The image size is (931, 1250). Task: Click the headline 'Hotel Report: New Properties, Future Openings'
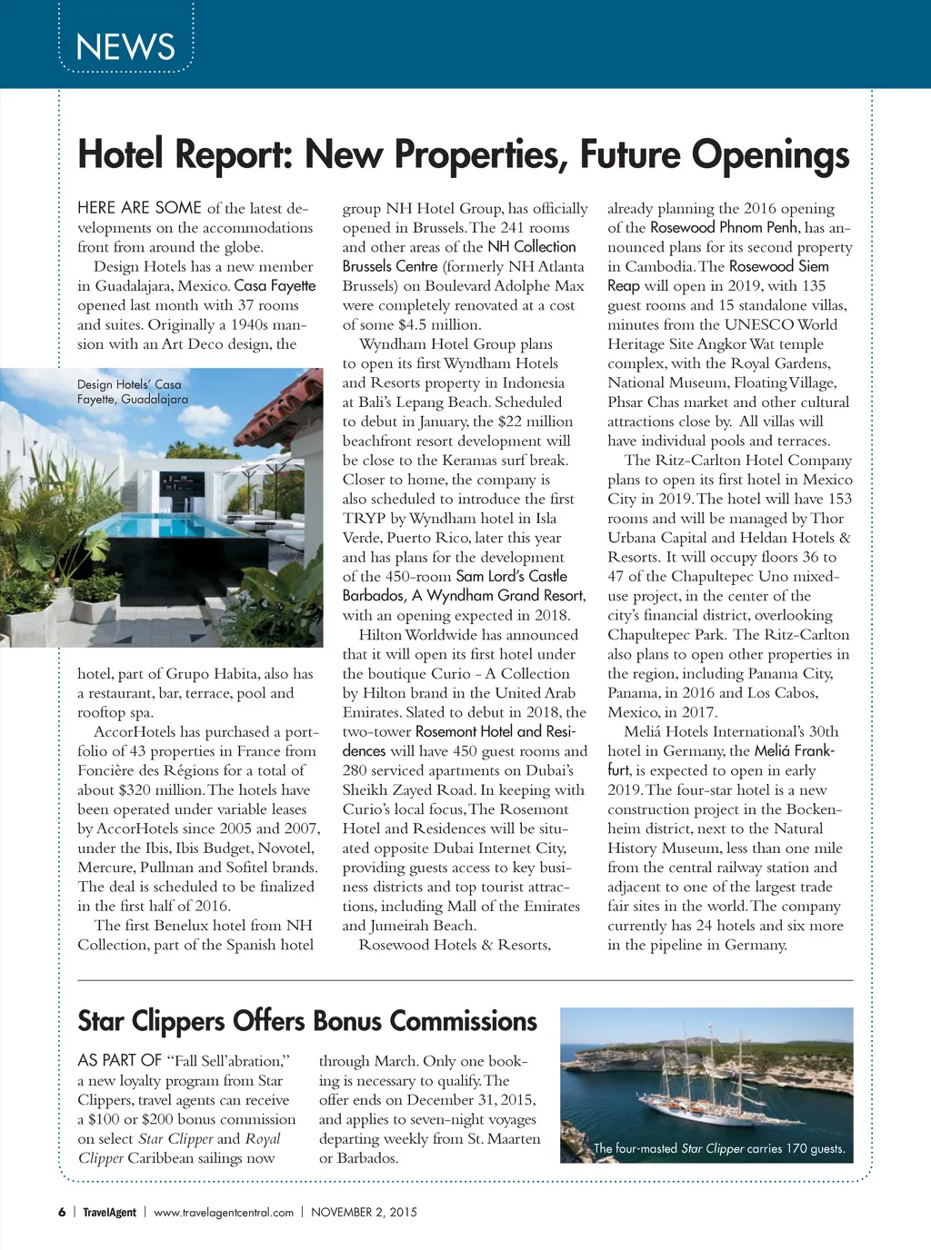464,154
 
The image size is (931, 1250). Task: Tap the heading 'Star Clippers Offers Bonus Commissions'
307,1021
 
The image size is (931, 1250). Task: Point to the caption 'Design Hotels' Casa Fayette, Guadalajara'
133,392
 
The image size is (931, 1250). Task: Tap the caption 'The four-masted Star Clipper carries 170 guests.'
718,1148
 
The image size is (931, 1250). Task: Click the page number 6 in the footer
62,1212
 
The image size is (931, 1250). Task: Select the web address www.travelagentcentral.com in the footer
224,1212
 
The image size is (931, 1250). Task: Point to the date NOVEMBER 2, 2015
364,1212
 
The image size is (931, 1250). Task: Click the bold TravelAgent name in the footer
109,1212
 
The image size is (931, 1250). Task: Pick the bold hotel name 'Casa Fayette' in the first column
275,285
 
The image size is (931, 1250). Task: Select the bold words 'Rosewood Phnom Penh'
724,227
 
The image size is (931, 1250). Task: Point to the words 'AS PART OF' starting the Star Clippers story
119,1060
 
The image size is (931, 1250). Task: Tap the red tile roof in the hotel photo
273,400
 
